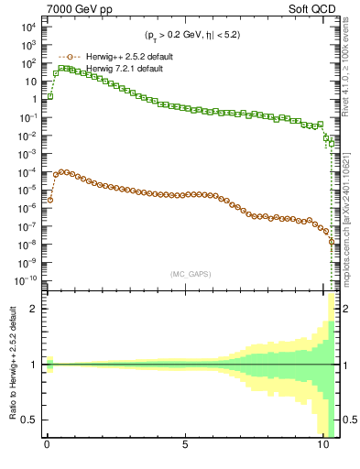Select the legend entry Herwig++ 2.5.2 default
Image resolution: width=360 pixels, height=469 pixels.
130,57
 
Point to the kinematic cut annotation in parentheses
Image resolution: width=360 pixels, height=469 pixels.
188,36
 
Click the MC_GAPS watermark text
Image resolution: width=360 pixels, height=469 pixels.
187,273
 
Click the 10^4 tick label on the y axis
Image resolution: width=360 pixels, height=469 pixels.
27,27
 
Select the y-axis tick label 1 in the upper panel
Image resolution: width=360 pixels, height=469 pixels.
33,99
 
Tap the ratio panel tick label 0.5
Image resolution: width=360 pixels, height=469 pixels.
30,420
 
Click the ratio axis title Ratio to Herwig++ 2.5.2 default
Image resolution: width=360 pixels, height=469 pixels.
13,365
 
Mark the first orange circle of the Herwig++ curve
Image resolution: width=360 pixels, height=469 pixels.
50,200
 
